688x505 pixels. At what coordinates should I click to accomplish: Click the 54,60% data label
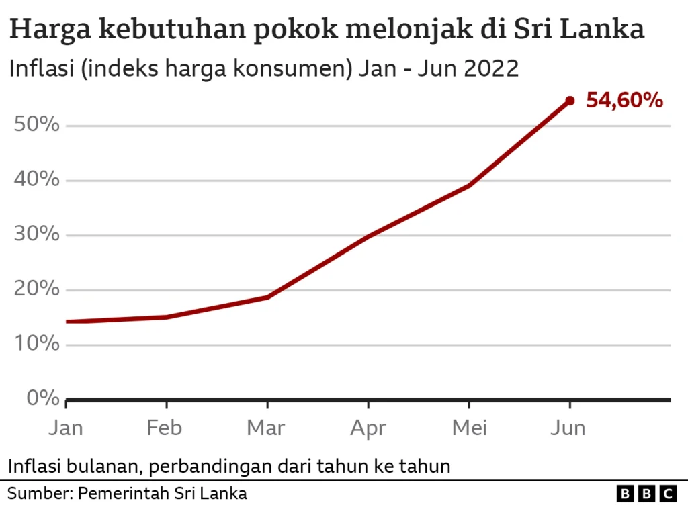click(624, 101)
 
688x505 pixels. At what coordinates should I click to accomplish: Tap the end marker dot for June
click(570, 101)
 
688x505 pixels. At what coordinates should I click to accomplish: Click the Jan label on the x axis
click(65, 428)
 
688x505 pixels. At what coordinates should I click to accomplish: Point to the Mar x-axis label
click(267, 428)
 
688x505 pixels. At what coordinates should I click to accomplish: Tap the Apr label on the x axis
click(368, 428)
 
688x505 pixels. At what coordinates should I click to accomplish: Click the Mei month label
click(468, 428)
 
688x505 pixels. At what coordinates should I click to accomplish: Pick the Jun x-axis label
click(569, 428)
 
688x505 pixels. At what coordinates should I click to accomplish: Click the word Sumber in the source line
click(38, 494)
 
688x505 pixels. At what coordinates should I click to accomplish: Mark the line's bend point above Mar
click(267, 297)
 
